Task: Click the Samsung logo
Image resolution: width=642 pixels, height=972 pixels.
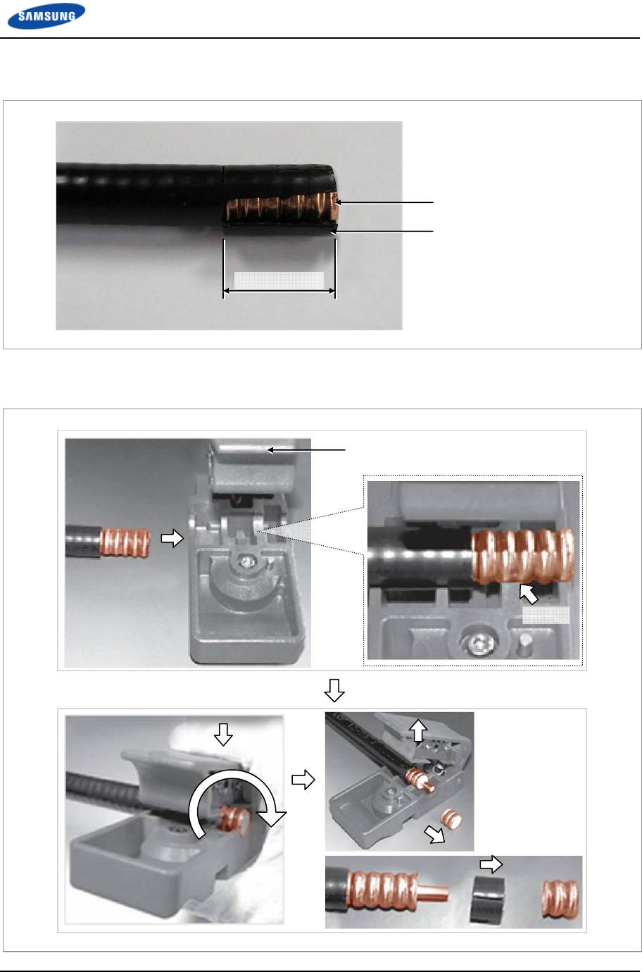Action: coord(46,16)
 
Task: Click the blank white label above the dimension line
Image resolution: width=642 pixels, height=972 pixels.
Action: coord(279,280)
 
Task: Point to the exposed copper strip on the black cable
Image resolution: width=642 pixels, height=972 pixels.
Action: coord(282,207)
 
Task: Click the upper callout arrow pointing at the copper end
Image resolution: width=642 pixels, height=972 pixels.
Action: coord(384,202)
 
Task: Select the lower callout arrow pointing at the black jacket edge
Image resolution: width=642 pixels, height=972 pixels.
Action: coord(382,231)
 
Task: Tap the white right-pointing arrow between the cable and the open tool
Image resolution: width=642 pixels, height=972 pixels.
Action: coord(172,538)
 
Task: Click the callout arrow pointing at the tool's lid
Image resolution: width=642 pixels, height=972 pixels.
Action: coord(306,450)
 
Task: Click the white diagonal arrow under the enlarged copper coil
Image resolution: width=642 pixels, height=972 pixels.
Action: coord(529,594)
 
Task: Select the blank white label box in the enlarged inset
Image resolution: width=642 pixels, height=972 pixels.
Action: coord(546,615)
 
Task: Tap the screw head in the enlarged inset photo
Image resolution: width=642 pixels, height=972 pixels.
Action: coord(479,640)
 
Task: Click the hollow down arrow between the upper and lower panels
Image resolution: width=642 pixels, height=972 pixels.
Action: coord(334,690)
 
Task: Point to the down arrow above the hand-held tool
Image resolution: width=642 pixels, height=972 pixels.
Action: coord(224,735)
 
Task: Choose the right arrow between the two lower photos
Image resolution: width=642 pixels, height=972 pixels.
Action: coord(303,780)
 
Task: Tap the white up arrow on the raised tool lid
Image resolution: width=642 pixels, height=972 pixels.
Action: coord(418,730)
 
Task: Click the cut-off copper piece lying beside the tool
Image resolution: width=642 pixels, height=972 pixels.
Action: coord(451,819)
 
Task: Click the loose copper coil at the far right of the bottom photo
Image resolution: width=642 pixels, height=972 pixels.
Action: coord(560,898)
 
